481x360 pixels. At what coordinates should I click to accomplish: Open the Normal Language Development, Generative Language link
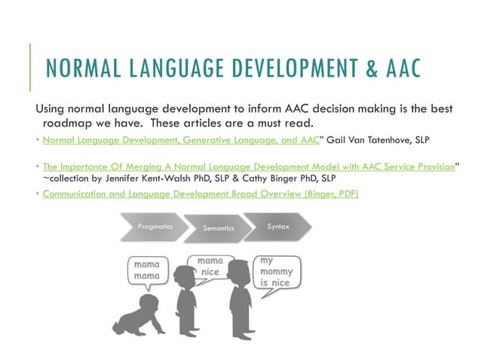tap(180, 141)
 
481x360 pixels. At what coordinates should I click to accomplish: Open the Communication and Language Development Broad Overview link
tap(200, 194)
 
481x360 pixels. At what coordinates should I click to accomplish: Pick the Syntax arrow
tap(277, 227)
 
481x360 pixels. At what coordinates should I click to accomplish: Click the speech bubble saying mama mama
tap(146, 272)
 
